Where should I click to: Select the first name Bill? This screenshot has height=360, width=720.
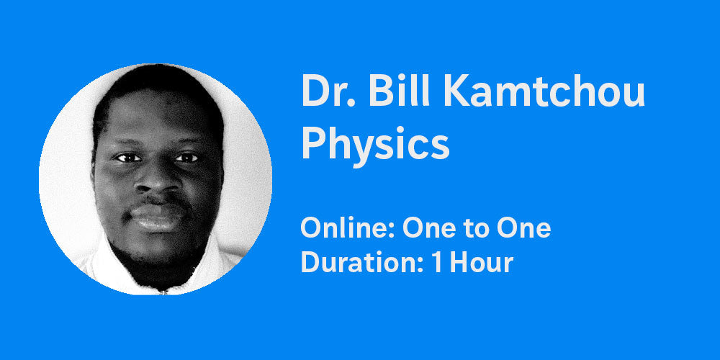click(400, 90)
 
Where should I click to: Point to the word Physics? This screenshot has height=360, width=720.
click(375, 143)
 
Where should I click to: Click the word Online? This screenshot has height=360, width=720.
click(348, 228)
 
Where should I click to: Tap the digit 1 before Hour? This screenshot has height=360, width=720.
click(437, 263)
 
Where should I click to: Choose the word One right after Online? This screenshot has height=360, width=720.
click(431, 228)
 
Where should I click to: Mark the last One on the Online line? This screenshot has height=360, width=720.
click(523, 228)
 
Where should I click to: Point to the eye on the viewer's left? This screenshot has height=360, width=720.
click(128, 158)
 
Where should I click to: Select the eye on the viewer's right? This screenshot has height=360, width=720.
click(186, 158)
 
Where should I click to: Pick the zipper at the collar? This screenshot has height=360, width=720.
click(161, 290)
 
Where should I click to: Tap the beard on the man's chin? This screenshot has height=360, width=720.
click(156, 257)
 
